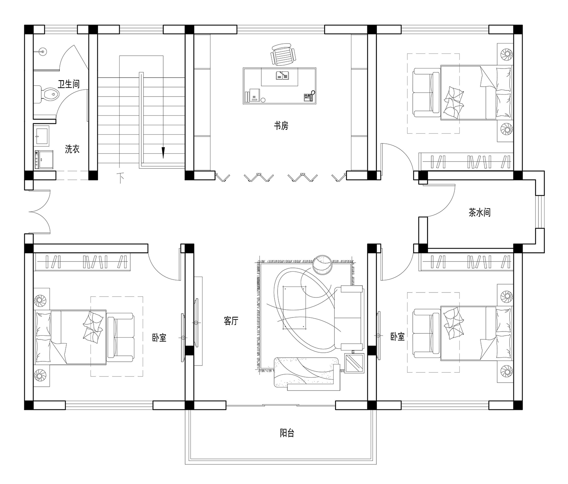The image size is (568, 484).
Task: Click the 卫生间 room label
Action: [69, 84]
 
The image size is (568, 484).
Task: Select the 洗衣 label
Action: [72, 149]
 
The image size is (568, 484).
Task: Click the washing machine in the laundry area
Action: [44, 160]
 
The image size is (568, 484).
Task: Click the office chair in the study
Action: [283, 54]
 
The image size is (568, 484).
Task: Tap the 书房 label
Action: [281, 126]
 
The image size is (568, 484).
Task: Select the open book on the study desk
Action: [282, 75]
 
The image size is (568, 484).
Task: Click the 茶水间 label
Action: [479, 212]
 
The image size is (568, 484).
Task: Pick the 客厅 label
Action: [231, 321]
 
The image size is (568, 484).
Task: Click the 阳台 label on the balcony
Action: [287, 433]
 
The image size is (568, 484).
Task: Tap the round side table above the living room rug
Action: [323, 265]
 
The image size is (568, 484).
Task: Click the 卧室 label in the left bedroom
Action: [159, 338]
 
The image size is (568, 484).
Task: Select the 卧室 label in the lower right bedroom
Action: [398, 336]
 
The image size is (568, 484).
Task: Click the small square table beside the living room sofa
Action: [354, 363]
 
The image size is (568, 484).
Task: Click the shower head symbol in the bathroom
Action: [42, 51]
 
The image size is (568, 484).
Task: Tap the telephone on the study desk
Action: [309, 97]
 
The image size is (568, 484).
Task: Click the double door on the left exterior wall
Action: [40, 212]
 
